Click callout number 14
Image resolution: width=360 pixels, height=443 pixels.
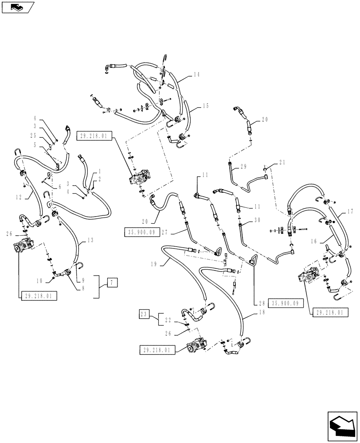click(x=196, y=76)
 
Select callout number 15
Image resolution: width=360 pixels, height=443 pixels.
click(x=205, y=106)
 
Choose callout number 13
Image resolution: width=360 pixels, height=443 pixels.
click(x=90, y=240)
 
